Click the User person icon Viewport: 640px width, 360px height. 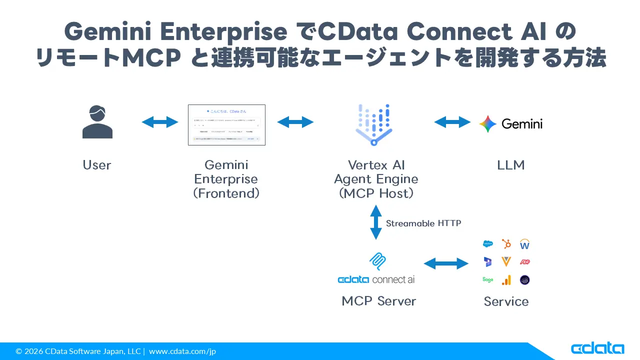[x=97, y=122]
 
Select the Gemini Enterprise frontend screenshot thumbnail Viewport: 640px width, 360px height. [x=226, y=125]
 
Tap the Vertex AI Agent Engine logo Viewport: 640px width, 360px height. [x=373, y=124]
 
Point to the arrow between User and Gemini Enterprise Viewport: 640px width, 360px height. [x=160, y=122]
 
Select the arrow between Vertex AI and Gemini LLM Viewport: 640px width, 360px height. [x=452, y=122]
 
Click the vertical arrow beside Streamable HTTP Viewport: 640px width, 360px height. [x=375, y=222]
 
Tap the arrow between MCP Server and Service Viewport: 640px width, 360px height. [x=446, y=263]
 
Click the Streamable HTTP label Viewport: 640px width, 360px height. [x=423, y=223]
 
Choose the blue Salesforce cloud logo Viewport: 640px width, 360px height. [x=487, y=244]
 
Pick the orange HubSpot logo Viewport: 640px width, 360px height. [x=506, y=244]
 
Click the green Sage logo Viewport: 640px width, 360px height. [x=487, y=280]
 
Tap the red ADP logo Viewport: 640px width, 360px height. [x=524, y=262]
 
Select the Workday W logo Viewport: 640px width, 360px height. [x=524, y=244]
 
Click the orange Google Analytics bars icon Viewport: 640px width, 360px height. [x=506, y=280]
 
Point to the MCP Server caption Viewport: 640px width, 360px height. [x=378, y=301]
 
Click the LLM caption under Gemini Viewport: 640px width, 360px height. [x=511, y=165]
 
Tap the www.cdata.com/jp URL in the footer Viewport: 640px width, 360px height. [x=182, y=351]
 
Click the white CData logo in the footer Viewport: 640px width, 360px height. [x=597, y=348]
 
